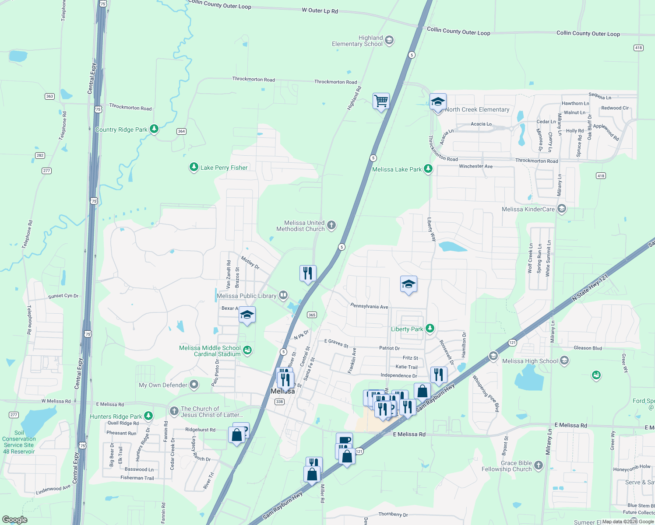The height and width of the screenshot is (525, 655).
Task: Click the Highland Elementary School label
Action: coord(357,41)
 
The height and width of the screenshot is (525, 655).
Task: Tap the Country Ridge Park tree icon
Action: coord(154,129)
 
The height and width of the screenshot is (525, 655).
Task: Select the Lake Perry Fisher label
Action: coord(224,168)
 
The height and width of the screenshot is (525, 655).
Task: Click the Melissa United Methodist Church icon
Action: coord(331,225)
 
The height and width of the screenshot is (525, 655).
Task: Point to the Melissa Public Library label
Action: coord(247,296)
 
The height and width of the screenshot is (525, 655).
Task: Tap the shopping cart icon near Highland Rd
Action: coord(381,101)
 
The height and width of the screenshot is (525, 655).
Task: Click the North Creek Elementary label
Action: coord(477,109)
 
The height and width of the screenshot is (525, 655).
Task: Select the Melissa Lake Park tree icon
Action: coord(428,169)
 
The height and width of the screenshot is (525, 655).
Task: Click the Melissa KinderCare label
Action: coord(528,209)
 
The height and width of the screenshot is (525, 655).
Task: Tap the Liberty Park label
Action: coord(407,329)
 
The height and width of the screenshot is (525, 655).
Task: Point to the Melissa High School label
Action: coord(530,361)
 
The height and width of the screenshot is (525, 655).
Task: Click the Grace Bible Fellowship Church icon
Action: coord(539,465)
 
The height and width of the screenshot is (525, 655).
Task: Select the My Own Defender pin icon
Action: coord(194,385)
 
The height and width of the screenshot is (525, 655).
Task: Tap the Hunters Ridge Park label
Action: coord(116,416)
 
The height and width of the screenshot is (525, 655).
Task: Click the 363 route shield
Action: coord(49,96)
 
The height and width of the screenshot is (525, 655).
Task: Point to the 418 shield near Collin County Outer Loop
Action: coord(638,48)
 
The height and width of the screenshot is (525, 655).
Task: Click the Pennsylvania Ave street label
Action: coord(369,306)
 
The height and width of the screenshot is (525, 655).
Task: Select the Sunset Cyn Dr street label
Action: coord(63,296)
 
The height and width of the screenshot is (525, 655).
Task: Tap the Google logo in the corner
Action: coord(15,520)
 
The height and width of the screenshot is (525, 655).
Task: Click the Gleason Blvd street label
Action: coord(588,348)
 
